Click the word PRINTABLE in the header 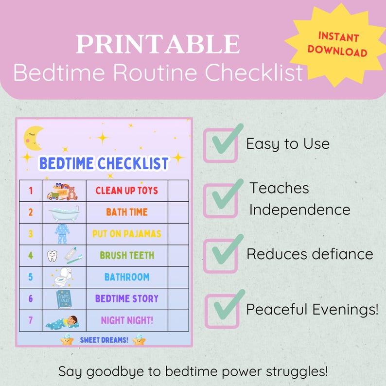pyautogui.click(x=158, y=44)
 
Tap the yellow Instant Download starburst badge pyautogui.click(x=337, y=44)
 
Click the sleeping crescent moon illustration pyautogui.click(x=33, y=138)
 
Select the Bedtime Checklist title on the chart pyautogui.click(x=104, y=163)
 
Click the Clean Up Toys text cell pyautogui.click(x=127, y=190)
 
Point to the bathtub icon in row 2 pyautogui.click(x=64, y=212)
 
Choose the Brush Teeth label pyautogui.click(x=127, y=255)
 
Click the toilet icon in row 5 pyautogui.click(x=63, y=277)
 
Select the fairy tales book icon pyautogui.click(x=64, y=298)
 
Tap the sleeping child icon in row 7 pyautogui.click(x=64, y=320)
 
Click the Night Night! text pyautogui.click(x=127, y=320)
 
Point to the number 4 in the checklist pyautogui.click(x=31, y=255)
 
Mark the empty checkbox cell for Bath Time pyautogui.click(x=178, y=212)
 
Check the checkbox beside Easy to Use pyautogui.click(x=220, y=145)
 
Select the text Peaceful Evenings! pyautogui.click(x=312, y=310)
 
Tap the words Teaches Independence pyautogui.click(x=299, y=198)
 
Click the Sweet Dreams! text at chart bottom pyautogui.click(x=104, y=340)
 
